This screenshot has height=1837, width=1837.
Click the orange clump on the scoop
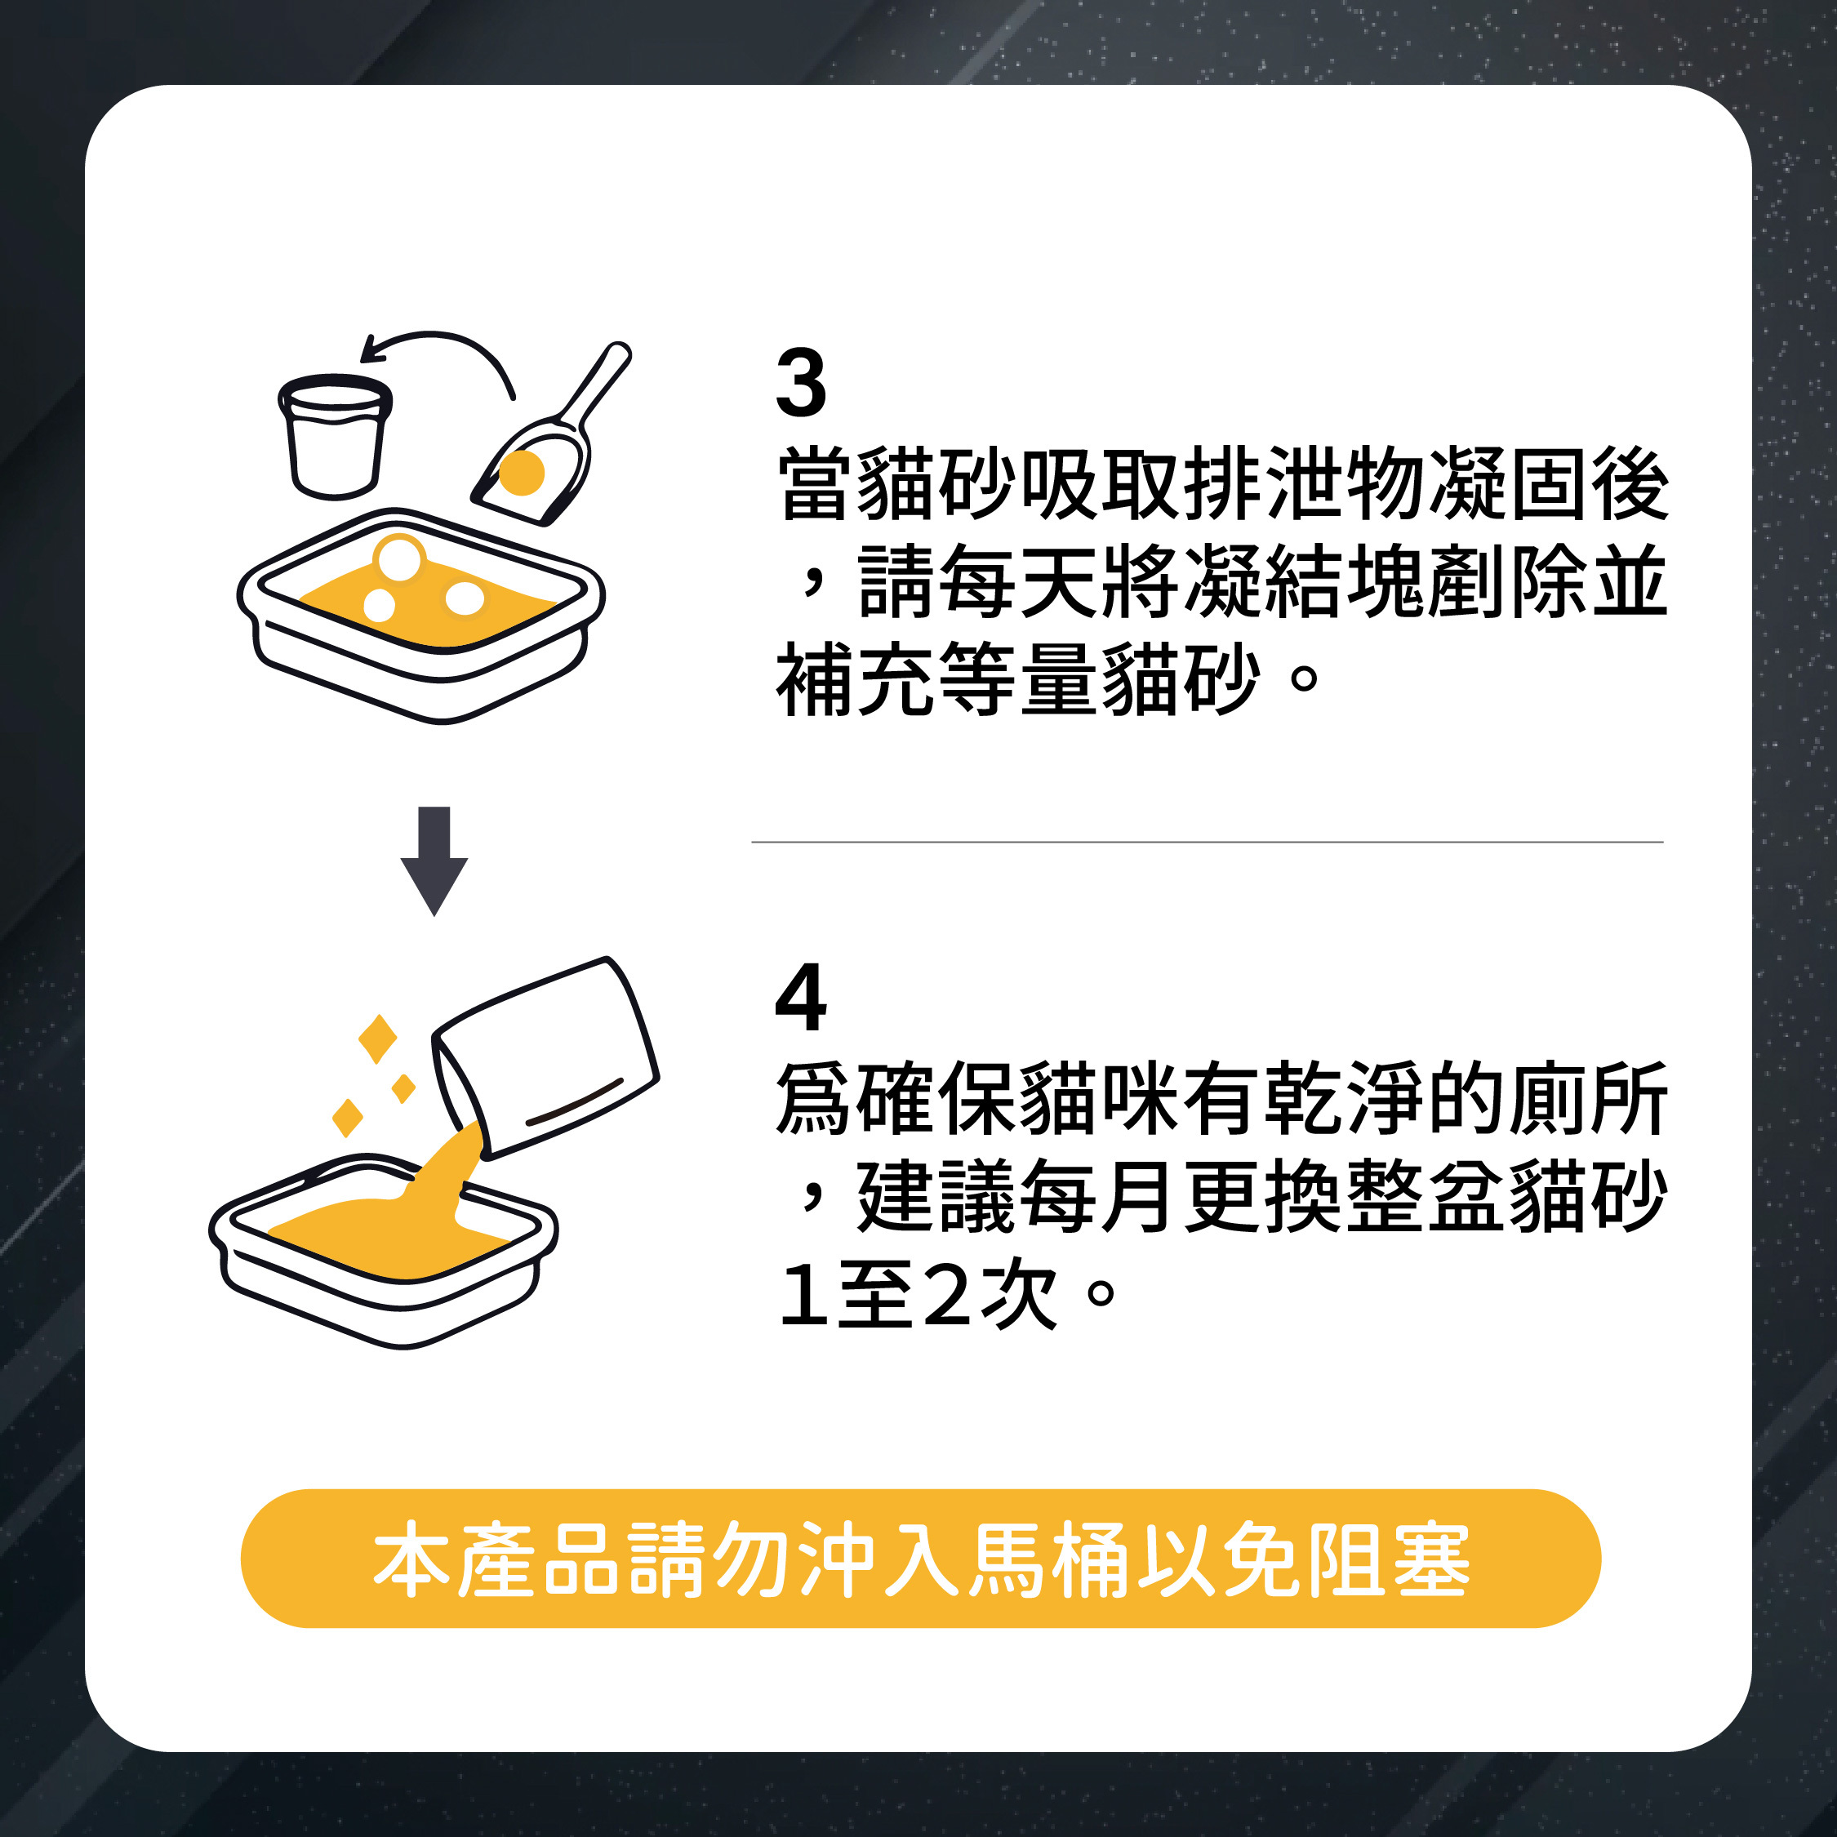click(x=521, y=473)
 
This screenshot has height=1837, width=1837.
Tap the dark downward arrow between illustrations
click(x=434, y=861)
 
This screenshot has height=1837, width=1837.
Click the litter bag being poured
click(x=545, y=1057)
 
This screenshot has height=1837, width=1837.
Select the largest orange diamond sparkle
click(x=377, y=1039)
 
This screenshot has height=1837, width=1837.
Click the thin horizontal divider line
click(x=1208, y=843)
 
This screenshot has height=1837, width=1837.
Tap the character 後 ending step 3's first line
click(x=1630, y=484)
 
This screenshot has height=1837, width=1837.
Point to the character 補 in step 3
click(x=815, y=679)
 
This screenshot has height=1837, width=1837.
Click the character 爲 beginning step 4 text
click(x=815, y=1098)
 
